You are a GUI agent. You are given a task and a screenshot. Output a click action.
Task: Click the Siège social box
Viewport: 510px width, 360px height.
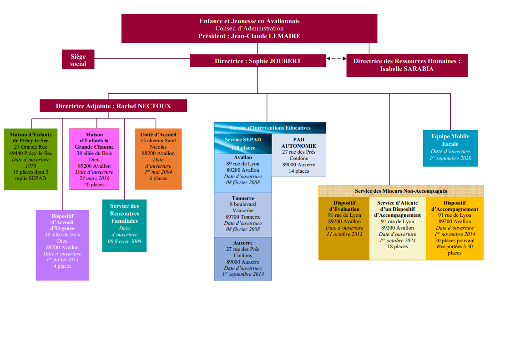point(78,60)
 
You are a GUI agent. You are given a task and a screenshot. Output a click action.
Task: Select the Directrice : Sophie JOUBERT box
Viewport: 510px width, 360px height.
point(258,61)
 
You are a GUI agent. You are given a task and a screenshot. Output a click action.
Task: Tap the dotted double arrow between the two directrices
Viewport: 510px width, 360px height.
point(336,58)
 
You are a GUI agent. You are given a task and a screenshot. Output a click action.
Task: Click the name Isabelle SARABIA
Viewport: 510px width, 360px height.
point(407,69)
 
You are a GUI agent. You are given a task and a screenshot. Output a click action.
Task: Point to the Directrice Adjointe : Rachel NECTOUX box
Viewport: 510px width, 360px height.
point(113,106)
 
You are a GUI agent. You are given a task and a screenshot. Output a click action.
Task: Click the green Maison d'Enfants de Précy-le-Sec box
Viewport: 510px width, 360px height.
point(31,159)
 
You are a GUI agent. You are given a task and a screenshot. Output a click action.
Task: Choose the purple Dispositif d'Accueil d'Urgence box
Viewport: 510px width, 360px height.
point(62,245)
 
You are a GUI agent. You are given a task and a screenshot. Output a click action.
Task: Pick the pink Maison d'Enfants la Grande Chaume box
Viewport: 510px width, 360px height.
point(94,159)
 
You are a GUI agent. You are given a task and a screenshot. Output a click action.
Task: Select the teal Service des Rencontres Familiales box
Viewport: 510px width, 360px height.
point(124,225)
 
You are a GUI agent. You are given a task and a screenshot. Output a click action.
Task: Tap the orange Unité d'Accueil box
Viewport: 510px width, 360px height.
point(158,159)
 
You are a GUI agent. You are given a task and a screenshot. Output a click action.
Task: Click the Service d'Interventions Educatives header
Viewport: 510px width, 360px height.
point(270,128)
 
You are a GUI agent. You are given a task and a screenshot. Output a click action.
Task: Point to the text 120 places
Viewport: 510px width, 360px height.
point(242,148)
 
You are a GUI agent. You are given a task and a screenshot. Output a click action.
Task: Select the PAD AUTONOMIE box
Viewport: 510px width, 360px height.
point(298,155)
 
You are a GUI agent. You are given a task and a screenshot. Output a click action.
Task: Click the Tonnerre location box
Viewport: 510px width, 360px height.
point(243,214)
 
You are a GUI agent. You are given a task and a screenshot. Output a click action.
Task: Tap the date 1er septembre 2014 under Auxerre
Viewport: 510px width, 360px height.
point(243,275)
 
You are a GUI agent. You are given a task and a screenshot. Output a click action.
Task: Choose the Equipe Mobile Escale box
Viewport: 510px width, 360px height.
point(450,148)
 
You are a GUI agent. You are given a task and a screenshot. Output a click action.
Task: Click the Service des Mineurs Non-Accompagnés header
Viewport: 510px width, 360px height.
point(401,191)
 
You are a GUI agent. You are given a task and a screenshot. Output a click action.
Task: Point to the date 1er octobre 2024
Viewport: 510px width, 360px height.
point(397,240)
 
